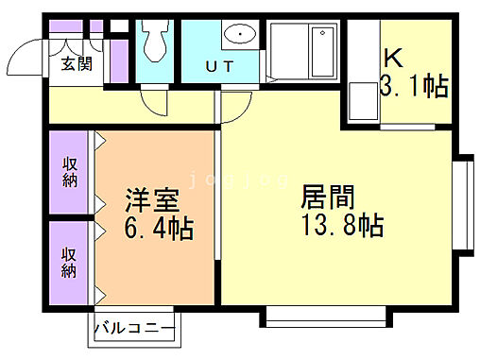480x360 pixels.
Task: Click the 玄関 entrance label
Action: click(x=77, y=64)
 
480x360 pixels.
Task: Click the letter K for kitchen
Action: click(x=393, y=57)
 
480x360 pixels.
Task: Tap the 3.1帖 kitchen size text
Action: click(x=413, y=87)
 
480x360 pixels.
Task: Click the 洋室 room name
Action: click(x=151, y=202)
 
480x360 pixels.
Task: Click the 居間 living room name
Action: click(x=327, y=198)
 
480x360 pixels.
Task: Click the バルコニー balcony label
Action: click(x=133, y=329)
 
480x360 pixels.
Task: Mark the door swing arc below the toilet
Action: click(x=155, y=102)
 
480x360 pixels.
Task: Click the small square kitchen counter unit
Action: click(x=361, y=102)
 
